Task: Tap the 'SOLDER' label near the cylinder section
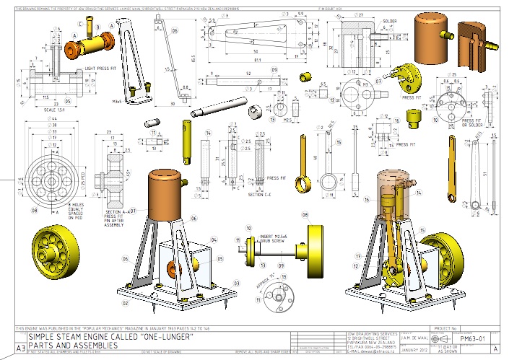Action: coord(391,22)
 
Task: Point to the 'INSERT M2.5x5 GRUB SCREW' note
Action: coord(267,233)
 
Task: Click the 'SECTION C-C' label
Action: coord(258,195)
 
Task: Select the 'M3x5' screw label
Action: coord(116,102)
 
